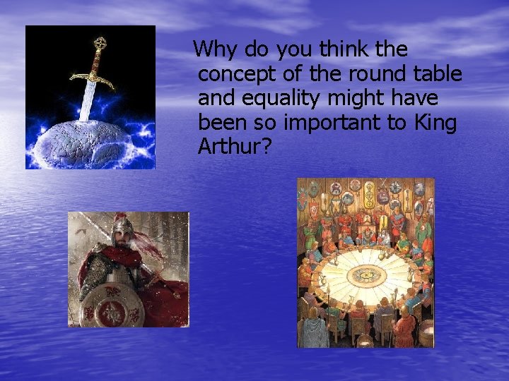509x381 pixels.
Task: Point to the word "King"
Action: tap(435, 123)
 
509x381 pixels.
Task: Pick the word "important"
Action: tap(344, 123)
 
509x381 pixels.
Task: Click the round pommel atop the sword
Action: tap(100, 42)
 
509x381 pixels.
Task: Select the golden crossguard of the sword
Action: tap(93, 77)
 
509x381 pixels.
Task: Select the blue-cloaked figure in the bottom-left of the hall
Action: tap(312, 328)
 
